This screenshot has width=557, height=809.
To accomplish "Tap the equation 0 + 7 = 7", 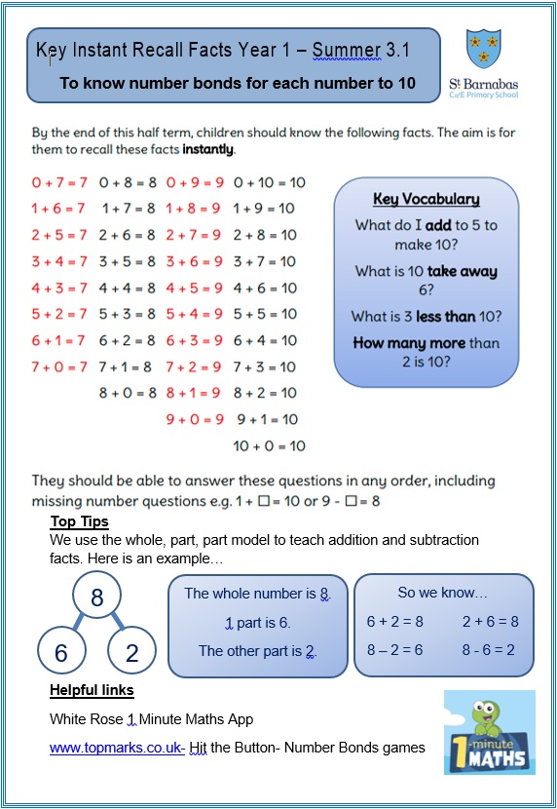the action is click(59, 182).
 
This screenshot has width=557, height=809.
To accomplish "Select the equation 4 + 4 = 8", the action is click(128, 288).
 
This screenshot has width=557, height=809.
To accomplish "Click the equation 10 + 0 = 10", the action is click(269, 445).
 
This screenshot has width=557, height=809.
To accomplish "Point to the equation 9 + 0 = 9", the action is click(195, 419).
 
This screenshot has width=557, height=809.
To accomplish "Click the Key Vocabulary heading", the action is click(426, 200).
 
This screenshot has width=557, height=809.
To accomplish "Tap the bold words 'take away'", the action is click(460, 272).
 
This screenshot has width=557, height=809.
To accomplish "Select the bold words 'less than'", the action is click(443, 317).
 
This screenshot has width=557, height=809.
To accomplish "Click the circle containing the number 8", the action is click(96, 597).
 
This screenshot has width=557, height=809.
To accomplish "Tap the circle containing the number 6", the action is click(61, 653).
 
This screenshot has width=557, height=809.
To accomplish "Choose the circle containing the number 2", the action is click(132, 653).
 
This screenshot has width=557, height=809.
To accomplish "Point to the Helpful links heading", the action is click(92, 690).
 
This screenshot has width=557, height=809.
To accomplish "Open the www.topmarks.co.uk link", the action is click(117, 748).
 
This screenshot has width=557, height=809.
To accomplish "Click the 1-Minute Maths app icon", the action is click(489, 733).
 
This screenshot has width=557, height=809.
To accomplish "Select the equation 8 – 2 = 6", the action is click(394, 650).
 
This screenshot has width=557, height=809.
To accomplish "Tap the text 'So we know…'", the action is click(443, 593).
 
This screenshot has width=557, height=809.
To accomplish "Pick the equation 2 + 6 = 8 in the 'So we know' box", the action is click(491, 621).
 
